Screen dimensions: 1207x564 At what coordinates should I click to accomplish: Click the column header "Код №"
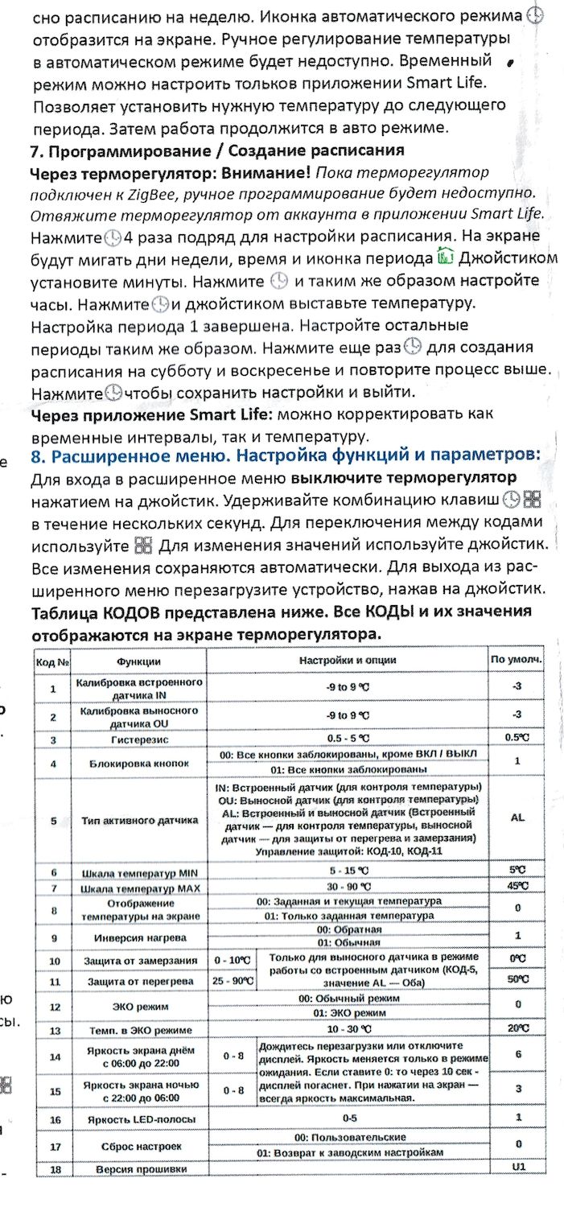(x=53, y=661)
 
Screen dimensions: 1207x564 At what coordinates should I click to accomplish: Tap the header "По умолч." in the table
(x=517, y=661)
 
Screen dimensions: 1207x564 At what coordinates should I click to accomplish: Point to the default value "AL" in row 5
(x=517, y=818)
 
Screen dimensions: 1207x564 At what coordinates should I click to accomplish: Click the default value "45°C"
(x=517, y=887)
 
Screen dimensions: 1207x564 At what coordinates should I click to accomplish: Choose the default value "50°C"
(x=517, y=979)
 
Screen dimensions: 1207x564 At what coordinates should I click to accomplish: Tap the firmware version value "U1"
(x=517, y=1166)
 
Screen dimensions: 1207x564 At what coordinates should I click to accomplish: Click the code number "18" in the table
(x=53, y=1168)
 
